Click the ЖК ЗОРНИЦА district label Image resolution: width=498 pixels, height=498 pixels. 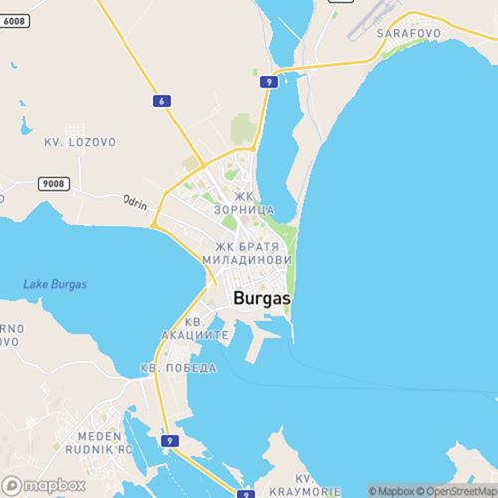tap(245, 205)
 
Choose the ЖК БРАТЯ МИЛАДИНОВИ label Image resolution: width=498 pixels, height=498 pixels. tap(253, 252)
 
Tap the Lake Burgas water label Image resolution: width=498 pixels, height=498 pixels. tap(55, 284)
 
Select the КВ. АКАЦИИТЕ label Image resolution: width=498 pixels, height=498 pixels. tap(194, 330)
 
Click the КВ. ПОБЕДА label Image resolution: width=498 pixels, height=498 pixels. tap(179, 368)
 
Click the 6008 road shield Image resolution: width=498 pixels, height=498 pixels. tap(19, 6)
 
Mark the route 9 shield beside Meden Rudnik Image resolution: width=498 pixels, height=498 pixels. tap(170, 441)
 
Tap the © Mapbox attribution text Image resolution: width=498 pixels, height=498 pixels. tap(390, 490)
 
